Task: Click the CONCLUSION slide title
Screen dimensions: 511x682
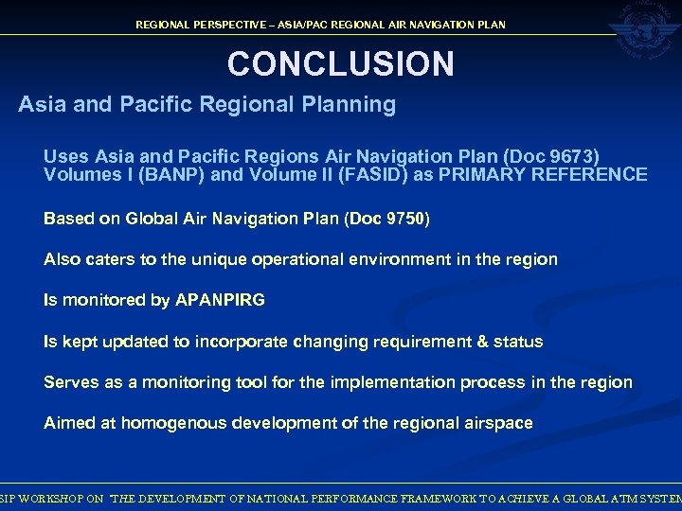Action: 340,63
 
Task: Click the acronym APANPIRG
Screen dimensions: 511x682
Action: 220,300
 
